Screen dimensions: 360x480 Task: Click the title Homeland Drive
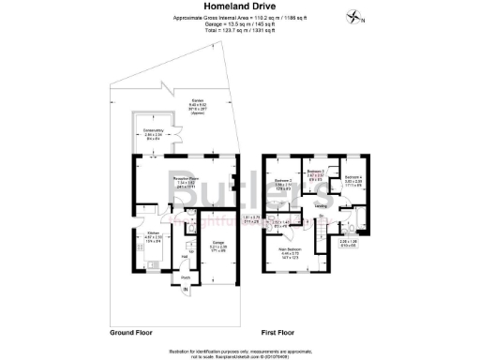point(237,7)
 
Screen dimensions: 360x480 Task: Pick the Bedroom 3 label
point(316,172)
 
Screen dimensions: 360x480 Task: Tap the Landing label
point(321,205)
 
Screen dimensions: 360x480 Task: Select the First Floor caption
point(282,332)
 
